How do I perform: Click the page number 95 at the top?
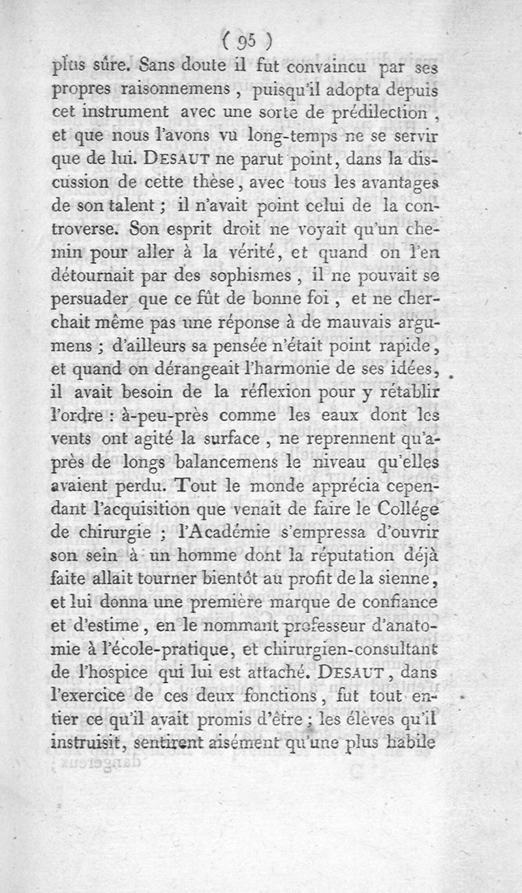click(x=246, y=40)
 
